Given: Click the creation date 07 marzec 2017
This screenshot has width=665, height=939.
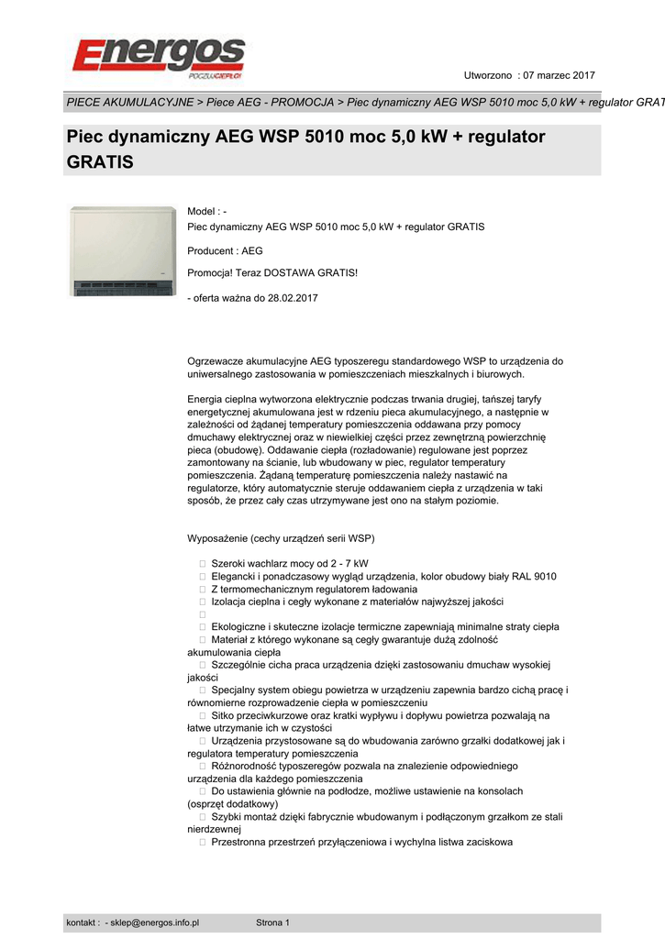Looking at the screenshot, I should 559,74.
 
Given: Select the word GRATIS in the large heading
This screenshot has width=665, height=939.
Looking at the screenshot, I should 100,162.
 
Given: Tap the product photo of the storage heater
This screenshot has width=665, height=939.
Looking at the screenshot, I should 123,251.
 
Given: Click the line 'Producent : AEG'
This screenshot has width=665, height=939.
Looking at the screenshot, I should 225,249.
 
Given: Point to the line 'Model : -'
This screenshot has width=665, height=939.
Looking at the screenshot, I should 206,212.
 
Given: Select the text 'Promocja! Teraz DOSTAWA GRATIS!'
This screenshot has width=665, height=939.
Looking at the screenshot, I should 272,272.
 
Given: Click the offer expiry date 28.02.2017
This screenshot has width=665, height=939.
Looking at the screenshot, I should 292,298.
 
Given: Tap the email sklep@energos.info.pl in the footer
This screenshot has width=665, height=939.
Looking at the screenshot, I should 155,922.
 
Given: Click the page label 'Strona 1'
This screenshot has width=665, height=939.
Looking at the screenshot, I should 272,922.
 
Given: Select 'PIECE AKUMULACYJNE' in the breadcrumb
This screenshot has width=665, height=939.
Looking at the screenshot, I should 129,101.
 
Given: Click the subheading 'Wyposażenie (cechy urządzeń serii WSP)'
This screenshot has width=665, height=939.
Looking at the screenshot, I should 281,537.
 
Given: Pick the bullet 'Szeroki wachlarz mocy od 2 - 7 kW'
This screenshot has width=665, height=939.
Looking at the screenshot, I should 290,562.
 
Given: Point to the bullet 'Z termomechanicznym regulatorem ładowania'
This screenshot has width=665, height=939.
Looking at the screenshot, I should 314,589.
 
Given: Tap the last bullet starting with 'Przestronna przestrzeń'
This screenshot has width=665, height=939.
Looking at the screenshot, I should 361,842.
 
